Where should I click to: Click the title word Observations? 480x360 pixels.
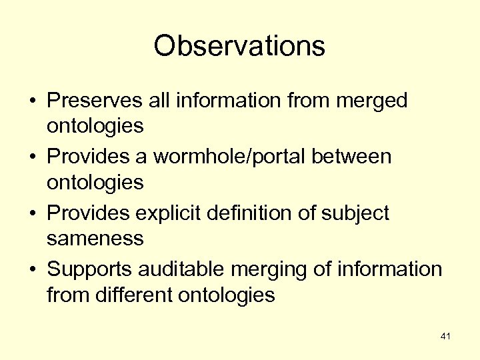click(x=239, y=46)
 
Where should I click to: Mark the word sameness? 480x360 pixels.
click(x=95, y=239)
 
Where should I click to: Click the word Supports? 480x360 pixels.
click(x=91, y=269)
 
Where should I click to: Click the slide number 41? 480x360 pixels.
click(x=445, y=337)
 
